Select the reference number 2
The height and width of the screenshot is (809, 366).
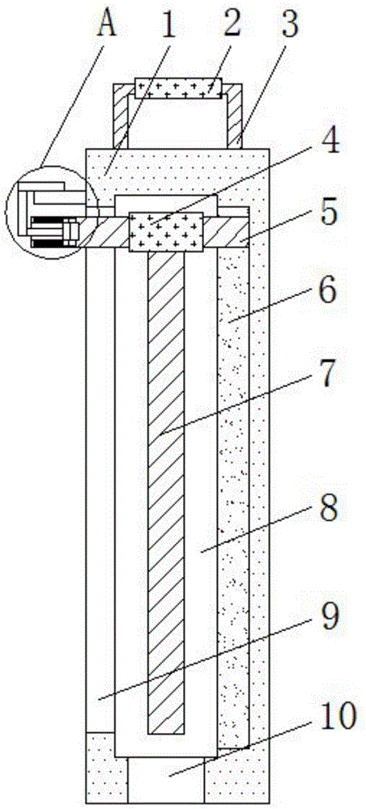tap(232, 23)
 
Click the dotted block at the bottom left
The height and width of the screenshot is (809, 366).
tap(105, 769)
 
